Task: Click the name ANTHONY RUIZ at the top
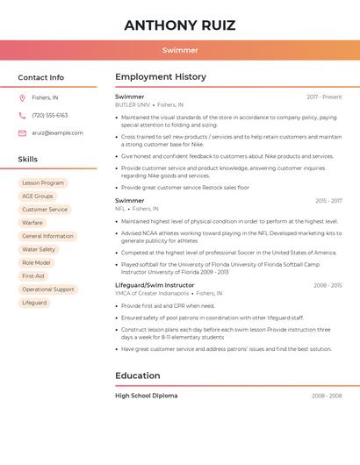[x=180, y=25]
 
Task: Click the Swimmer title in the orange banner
[x=180, y=50]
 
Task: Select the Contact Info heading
[x=41, y=77]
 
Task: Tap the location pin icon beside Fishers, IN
[x=22, y=97]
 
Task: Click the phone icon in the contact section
[x=22, y=115]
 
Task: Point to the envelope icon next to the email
[x=22, y=132]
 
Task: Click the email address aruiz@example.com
[x=57, y=132]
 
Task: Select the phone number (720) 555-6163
[x=49, y=115]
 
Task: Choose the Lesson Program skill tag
[x=43, y=183]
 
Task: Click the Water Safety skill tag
[x=39, y=249]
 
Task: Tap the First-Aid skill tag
[x=33, y=275]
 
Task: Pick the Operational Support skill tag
[x=48, y=289]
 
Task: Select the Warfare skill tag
[x=32, y=223]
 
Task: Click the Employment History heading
[x=161, y=77]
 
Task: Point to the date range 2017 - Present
[x=324, y=97]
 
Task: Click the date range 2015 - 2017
[x=328, y=201]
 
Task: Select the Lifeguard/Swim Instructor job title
[x=155, y=285]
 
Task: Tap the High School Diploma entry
[x=146, y=396]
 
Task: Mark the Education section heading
[x=138, y=376]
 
